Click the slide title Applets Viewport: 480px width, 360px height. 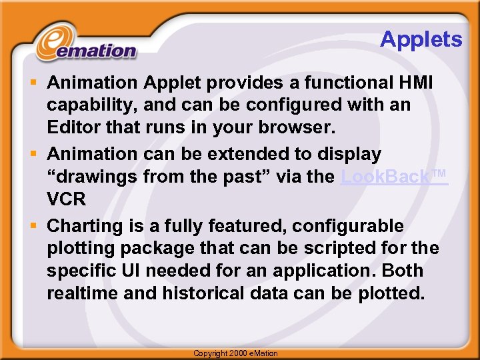click(x=421, y=39)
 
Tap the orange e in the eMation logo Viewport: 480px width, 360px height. click(x=51, y=44)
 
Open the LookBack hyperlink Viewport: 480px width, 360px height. click(x=393, y=177)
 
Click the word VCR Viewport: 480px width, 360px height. click(x=65, y=199)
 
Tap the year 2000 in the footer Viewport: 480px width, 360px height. click(x=241, y=353)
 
